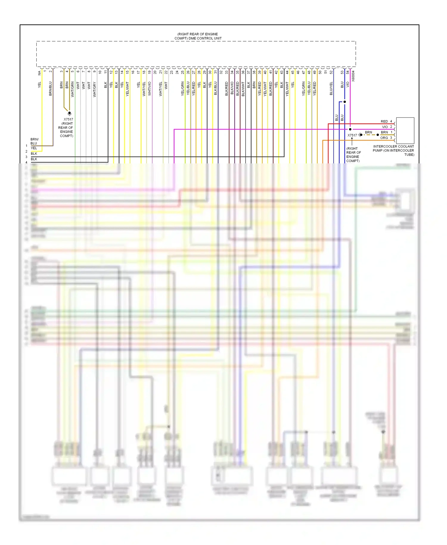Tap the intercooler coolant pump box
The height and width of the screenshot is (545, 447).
pyautogui.click(x=405, y=130)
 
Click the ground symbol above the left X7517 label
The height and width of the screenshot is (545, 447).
pyautogui.click(x=69, y=114)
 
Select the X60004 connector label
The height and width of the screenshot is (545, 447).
pyautogui.click(x=353, y=76)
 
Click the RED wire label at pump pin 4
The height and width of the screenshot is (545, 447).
pyautogui.click(x=384, y=121)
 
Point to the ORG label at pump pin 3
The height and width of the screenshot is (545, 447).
pyautogui.click(x=384, y=138)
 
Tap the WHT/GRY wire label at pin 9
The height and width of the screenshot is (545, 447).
pyautogui.click(x=94, y=89)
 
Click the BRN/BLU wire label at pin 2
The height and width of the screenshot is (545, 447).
pyautogui.click(x=50, y=88)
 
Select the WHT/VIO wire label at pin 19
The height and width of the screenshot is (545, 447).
pyautogui.click(x=150, y=89)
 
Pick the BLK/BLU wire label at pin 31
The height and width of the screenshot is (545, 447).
pyautogui.click(x=215, y=88)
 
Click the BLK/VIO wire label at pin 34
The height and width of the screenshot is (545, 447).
pyautogui.click(x=232, y=88)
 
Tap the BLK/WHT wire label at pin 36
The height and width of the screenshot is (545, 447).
pyautogui.click(x=243, y=89)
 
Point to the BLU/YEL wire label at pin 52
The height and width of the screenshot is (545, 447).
pyautogui.click(x=331, y=89)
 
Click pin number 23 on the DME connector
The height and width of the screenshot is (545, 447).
pyautogui.click(x=172, y=72)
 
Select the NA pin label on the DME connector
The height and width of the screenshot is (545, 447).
pyautogui.click(x=39, y=73)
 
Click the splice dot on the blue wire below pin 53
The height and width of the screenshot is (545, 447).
pyautogui.click(x=344, y=102)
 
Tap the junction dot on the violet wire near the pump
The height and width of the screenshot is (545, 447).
pyautogui.click(x=350, y=129)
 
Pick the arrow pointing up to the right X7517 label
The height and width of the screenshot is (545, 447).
pyautogui.click(x=352, y=140)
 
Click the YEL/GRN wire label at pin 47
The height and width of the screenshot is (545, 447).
pyautogui.click(x=304, y=88)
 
